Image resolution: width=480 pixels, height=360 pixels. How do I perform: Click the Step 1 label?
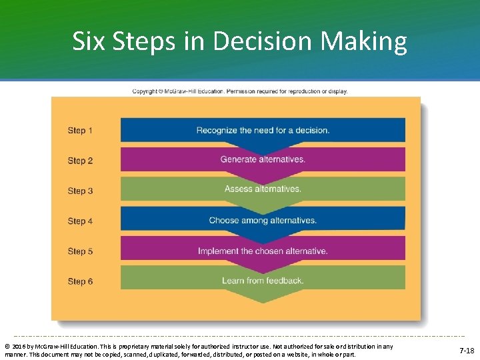coord(80,131)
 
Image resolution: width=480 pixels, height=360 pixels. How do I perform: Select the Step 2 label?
coord(80,161)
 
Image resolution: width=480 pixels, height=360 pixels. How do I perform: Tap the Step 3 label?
coord(80,191)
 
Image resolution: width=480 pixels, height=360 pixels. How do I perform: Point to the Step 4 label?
coord(80,221)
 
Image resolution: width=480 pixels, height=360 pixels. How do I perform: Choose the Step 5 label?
coord(80,251)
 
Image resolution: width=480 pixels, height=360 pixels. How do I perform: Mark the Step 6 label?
coord(80,281)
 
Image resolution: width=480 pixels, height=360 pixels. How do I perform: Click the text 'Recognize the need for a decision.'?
coord(263,131)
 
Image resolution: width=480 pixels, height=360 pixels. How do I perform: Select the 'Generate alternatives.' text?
coord(263,160)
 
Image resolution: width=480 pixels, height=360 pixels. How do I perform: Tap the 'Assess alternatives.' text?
coord(263,189)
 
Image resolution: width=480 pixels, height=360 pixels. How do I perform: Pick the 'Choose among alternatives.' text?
coord(263,221)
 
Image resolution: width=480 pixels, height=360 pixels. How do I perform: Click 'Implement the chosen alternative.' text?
coord(263,251)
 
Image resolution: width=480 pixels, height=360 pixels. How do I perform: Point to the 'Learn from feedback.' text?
coord(263,281)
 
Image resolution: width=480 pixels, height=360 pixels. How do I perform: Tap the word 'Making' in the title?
coord(364,42)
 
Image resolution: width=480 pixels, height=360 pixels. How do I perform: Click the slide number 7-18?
coord(466,351)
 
